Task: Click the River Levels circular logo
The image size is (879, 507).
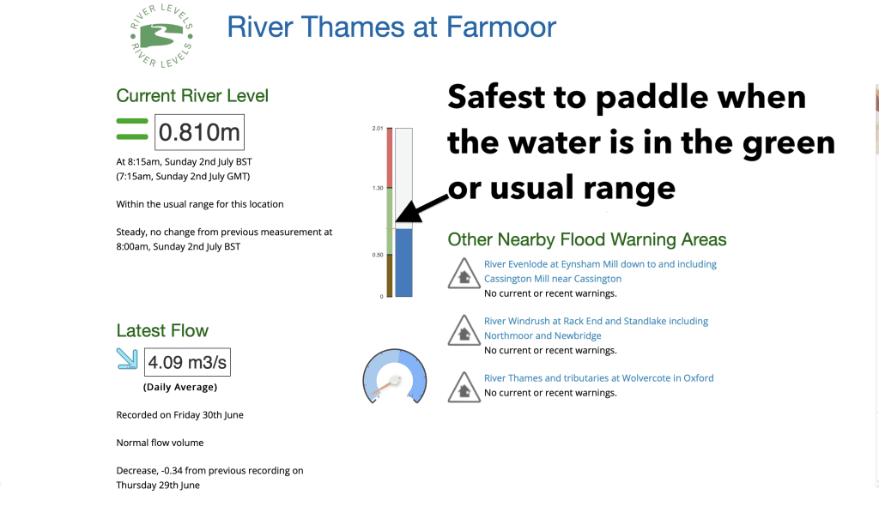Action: click(x=161, y=36)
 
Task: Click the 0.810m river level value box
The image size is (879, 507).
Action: click(x=199, y=132)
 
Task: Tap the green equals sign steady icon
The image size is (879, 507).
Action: click(x=131, y=129)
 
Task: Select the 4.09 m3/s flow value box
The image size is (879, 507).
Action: click(x=187, y=362)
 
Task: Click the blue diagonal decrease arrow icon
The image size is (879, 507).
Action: click(x=127, y=359)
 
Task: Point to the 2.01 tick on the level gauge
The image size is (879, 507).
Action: click(x=378, y=129)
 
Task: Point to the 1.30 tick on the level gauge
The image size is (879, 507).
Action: click(x=378, y=188)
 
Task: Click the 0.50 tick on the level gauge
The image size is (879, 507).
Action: click(x=378, y=255)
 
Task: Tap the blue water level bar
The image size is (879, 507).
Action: click(x=403, y=263)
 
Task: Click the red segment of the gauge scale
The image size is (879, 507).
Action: click(x=390, y=158)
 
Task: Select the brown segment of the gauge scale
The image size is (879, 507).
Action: click(x=390, y=275)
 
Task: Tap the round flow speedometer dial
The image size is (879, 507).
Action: click(x=395, y=377)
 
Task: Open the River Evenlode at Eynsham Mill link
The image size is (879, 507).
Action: click(x=600, y=271)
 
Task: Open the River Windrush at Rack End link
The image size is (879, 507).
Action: click(x=596, y=329)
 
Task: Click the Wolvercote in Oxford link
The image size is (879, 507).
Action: click(x=598, y=378)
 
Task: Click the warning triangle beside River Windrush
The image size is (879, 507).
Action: click(x=464, y=330)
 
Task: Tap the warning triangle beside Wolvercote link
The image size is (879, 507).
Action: click(x=464, y=387)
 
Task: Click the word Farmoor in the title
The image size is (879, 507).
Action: click(x=501, y=27)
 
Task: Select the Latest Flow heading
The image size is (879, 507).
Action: click(x=162, y=330)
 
